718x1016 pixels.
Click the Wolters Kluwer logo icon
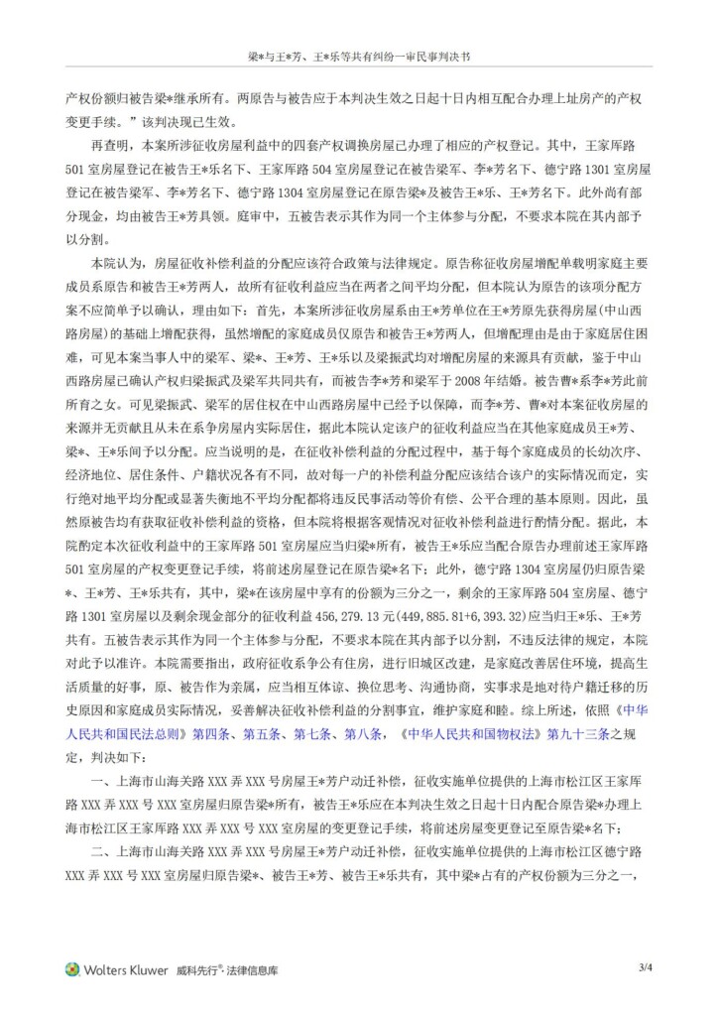pyautogui.click(x=72, y=969)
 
